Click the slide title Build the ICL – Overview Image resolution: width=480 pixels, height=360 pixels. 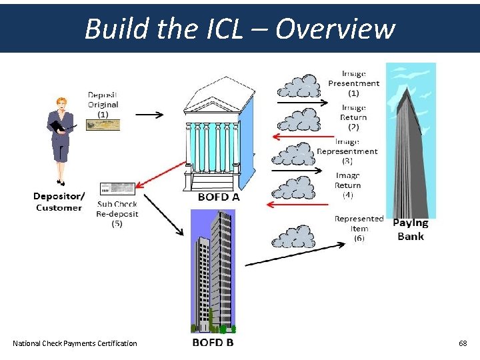pyautogui.click(x=240, y=29)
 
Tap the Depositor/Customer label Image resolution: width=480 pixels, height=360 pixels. pyautogui.click(x=59, y=201)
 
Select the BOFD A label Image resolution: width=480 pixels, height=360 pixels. pyautogui.click(x=219, y=197)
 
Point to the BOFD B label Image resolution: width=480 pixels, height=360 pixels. pyautogui.click(x=213, y=343)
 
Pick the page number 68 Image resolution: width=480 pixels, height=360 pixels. pyautogui.click(x=463, y=343)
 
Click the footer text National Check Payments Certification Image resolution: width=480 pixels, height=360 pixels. pyautogui.click(x=75, y=343)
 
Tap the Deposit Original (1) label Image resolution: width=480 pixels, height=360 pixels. pyautogui.click(x=103, y=105)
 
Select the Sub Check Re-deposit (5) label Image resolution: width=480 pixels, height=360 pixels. pyautogui.click(x=117, y=214)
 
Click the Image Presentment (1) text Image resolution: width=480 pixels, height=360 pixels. pyautogui.click(x=353, y=83)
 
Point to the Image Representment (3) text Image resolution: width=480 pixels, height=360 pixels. pyautogui.click(x=347, y=151)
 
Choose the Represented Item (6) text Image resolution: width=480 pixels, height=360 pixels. pyautogui.click(x=359, y=228)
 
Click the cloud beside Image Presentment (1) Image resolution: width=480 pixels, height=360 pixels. pyautogui.click(x=299, y=86)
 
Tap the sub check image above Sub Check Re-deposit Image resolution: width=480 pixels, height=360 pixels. pyautogui.click(x=117, y=189)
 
